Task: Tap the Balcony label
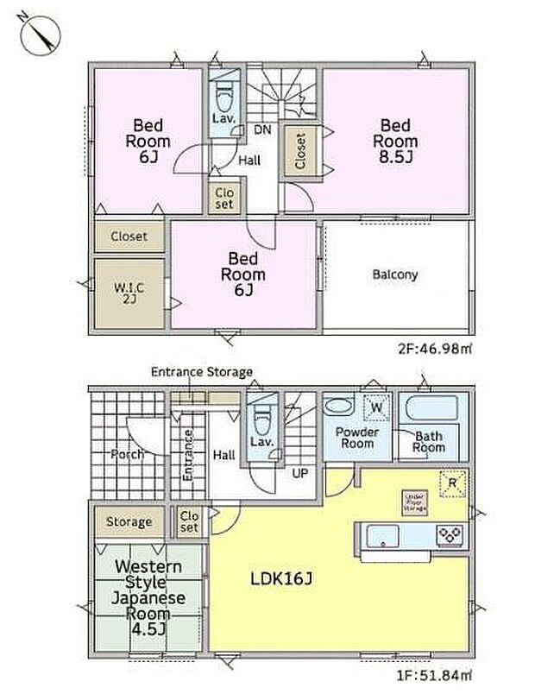(x=395, y=274)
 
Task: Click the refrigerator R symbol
(x=449, y=483)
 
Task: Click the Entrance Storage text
(x=201, y=372)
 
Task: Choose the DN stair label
(x=261, y=130)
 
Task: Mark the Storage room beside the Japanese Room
(x=129, y=521)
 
